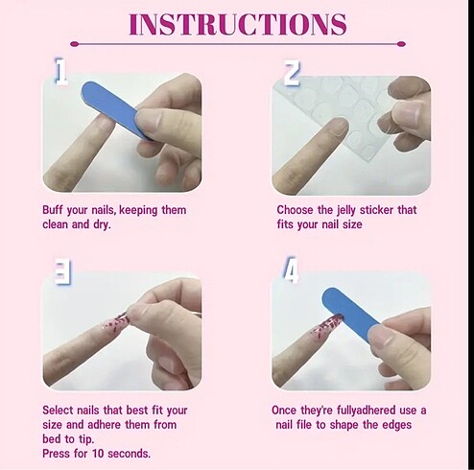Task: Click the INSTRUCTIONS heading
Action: click(238, 24)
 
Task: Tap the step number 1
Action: click(60, 71)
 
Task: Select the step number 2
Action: click(292, 74)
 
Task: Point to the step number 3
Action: click(62, 271)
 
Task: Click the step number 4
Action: click(291, 270)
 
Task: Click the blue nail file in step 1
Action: click(116, 109)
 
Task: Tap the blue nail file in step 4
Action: click(351, 314)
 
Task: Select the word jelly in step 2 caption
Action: click(346, 211)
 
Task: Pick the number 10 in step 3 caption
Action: click(98, 454)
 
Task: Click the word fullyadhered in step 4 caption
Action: click(366, 411)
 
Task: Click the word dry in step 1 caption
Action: click(102, 224)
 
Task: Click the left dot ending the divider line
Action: click(74, 44)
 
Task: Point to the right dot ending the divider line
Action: click(401, 44)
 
